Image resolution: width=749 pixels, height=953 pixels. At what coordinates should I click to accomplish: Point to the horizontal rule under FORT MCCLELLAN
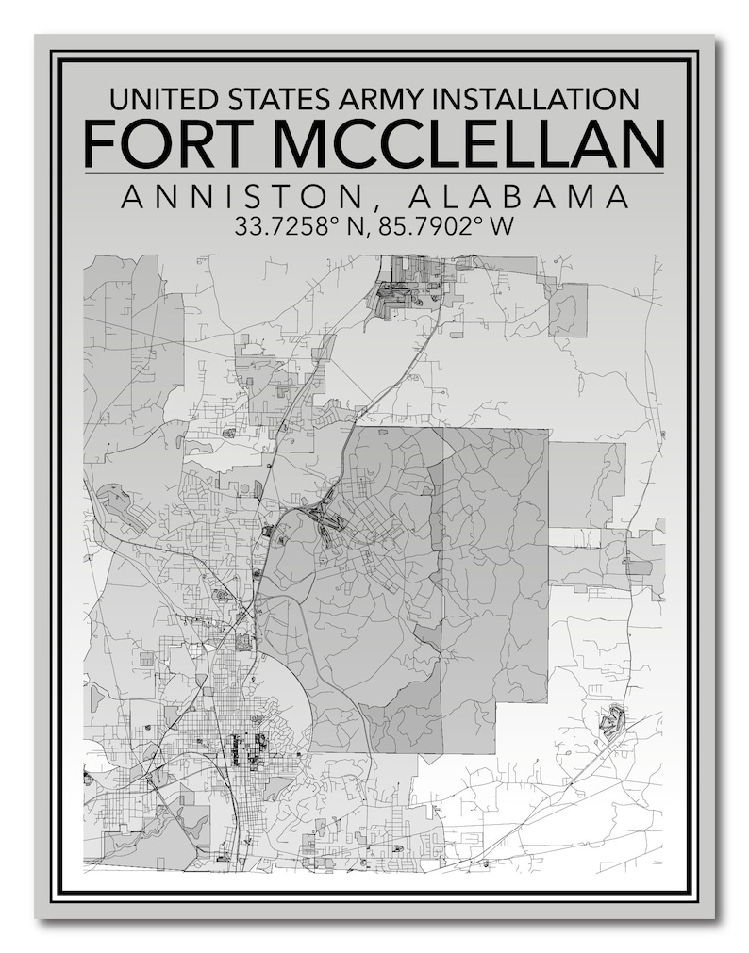[374, 173]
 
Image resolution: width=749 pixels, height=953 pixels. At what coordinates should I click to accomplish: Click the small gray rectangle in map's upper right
[568, 309]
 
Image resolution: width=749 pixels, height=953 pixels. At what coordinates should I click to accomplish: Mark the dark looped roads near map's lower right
[611, 720]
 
